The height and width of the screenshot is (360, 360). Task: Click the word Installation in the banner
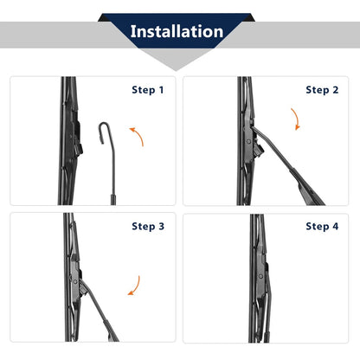coord(177,31)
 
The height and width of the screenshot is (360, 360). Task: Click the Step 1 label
coord(148,90)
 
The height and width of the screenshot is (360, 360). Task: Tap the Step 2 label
coord(322,90)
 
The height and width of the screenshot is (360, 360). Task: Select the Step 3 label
coord(148,227)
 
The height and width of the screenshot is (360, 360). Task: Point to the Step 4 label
coord(322,227)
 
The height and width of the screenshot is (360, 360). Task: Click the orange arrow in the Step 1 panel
coord(138,135)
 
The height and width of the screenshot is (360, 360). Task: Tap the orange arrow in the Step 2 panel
coord(296,119)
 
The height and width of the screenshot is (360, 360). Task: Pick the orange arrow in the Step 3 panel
coord(136,286)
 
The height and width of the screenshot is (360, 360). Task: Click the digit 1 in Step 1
coord(161,90)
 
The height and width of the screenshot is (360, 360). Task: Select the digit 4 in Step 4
coord(335,227)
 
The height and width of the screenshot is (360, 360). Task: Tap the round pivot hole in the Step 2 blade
coord(248,142)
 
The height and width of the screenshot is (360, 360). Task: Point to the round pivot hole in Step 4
coord(260,276)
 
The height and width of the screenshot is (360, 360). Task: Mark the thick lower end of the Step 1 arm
coord(113,200)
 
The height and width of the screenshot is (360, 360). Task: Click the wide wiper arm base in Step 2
coord(306,188)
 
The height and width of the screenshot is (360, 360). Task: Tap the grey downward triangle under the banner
coord(176,59)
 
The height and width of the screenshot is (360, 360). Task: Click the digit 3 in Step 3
coord(161,227)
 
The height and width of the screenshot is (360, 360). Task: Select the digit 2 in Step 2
coord(335,90)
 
